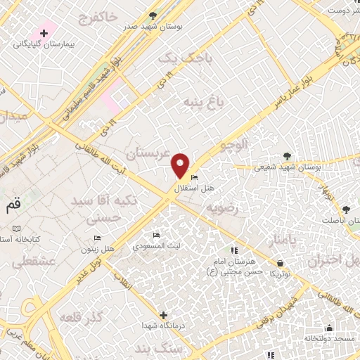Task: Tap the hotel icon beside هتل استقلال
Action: click(x=195, y=177)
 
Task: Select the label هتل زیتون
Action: click(x=98, y=250)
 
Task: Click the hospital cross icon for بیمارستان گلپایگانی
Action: click(x=44, y=32)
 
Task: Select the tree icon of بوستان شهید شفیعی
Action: click(x=286, y=156)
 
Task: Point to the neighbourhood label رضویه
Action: click(x=223, y=208)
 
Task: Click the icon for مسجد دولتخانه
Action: click(x=330, y=328)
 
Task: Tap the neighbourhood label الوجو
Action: click(x=235, y=145)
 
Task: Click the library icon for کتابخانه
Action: click(x=17, y=229)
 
